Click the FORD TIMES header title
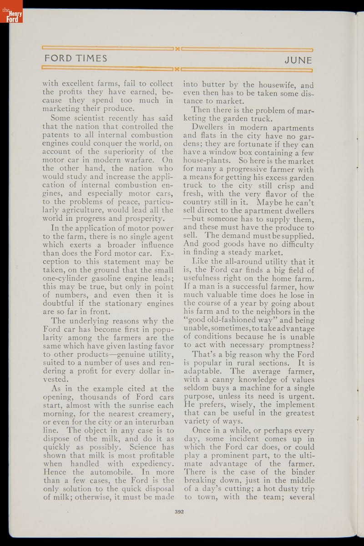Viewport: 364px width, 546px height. pyautogui.click(x=76, y=59)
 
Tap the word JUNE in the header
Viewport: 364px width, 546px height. pyautogui.click(x=298, y=60)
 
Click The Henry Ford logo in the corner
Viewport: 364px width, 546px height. pyautogui.click(x=11, y=12)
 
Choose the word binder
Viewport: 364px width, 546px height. pyautogui.click(x=299, y=472)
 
